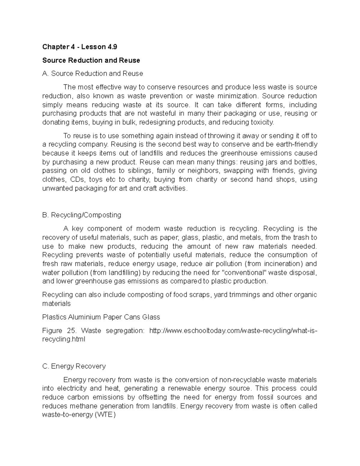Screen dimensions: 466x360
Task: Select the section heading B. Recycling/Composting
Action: (82, 215)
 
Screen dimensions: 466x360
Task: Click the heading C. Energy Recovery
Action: (74, 366)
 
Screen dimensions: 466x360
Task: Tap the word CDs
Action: (77, 179)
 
